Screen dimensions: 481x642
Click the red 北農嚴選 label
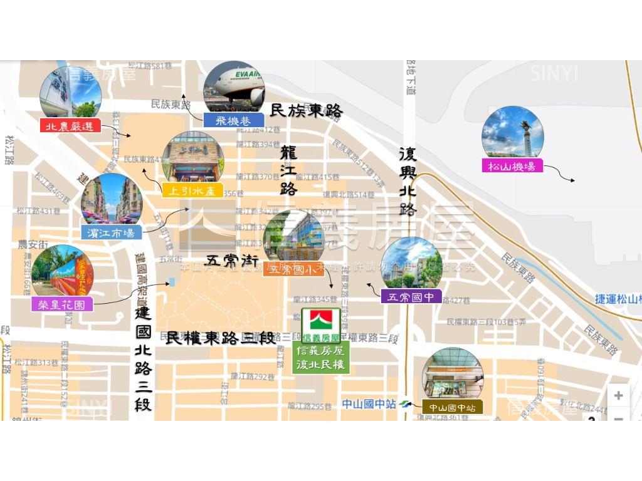(x=70, y=126)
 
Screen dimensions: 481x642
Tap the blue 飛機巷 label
(x=233, y=120)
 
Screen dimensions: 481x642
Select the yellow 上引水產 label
(x=192, y=190)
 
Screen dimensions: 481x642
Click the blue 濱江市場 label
(x=111, y=233)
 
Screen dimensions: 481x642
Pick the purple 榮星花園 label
(x=62, y=304)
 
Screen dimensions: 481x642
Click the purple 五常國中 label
(x=411, y=297)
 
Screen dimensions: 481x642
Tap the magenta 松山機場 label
(x=512, y=166)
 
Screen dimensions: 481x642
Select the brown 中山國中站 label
(x=452, y=407)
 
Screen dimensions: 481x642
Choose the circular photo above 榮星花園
(x=61, y=271)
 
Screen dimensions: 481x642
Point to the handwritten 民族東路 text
(x=307, y=111)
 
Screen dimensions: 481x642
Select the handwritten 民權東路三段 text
(x=220, y=338)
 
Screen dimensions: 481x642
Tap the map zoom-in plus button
(x=618, y=395)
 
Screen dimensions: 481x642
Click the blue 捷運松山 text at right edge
(x=618, y=299)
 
